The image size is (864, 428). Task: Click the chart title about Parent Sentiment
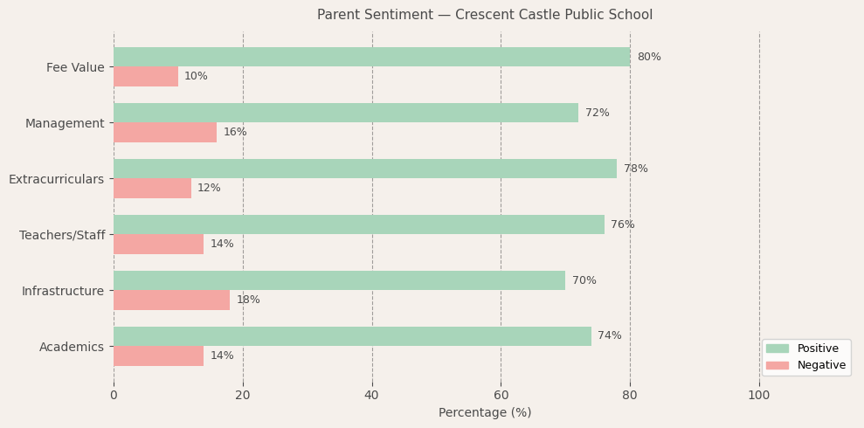(485, 15)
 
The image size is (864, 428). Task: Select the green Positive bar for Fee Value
(371, 57)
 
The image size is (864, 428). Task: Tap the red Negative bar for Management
(165, 132)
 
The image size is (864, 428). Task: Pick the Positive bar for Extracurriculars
(365, 169)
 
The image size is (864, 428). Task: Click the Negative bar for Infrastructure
(171, 300)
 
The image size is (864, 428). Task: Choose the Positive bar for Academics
(352, 336)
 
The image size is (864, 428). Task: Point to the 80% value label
(649, 57)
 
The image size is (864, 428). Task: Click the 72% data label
(598, 113)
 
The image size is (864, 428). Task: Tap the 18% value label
(248, 300)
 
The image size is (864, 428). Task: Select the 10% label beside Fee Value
(196, 76)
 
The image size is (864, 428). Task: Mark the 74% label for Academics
(610, 336)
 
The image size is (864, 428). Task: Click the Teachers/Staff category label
(62, 235)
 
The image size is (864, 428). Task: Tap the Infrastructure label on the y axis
(63, 291)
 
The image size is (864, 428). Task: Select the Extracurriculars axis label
(56, 179)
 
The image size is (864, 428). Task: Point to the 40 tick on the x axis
(372, 395)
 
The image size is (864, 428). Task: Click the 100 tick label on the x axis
(759, 395)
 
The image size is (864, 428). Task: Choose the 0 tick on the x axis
(114, 395)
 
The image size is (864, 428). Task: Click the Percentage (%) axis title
(485, 412)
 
